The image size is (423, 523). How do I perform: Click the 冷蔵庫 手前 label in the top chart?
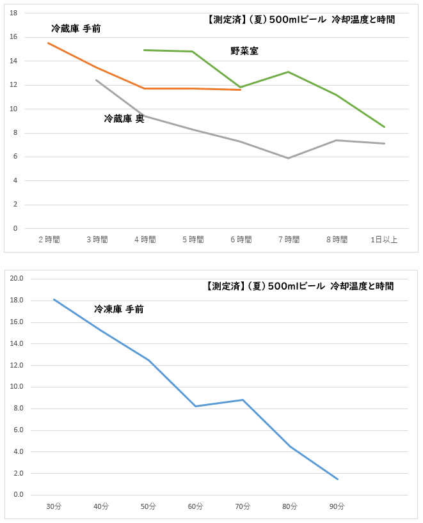[76, 29]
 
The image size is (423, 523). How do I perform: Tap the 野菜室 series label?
[244, 51]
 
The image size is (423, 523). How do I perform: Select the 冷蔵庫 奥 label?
[124, 118]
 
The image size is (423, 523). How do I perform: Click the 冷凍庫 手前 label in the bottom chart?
[118, 309]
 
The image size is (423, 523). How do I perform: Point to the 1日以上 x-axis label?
[384, 240]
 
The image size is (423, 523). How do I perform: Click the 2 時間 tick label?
[49, 240]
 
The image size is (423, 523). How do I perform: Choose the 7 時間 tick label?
[289, 240]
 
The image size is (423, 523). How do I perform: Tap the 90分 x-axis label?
[337, 506]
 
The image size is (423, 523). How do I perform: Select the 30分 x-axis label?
[54, 506]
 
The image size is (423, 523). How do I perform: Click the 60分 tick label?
[195, 506]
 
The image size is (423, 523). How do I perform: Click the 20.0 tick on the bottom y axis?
[17, 279]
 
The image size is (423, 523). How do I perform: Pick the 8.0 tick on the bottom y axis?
[18, 409]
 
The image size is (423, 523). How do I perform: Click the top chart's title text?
[301, 20]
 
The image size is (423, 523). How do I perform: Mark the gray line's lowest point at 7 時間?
[289, 158]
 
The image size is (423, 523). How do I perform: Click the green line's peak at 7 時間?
[289, 72]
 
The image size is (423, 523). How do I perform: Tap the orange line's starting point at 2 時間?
[49, 43]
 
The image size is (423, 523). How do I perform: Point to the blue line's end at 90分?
[337, 479]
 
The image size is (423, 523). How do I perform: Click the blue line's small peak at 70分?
[243, 400]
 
